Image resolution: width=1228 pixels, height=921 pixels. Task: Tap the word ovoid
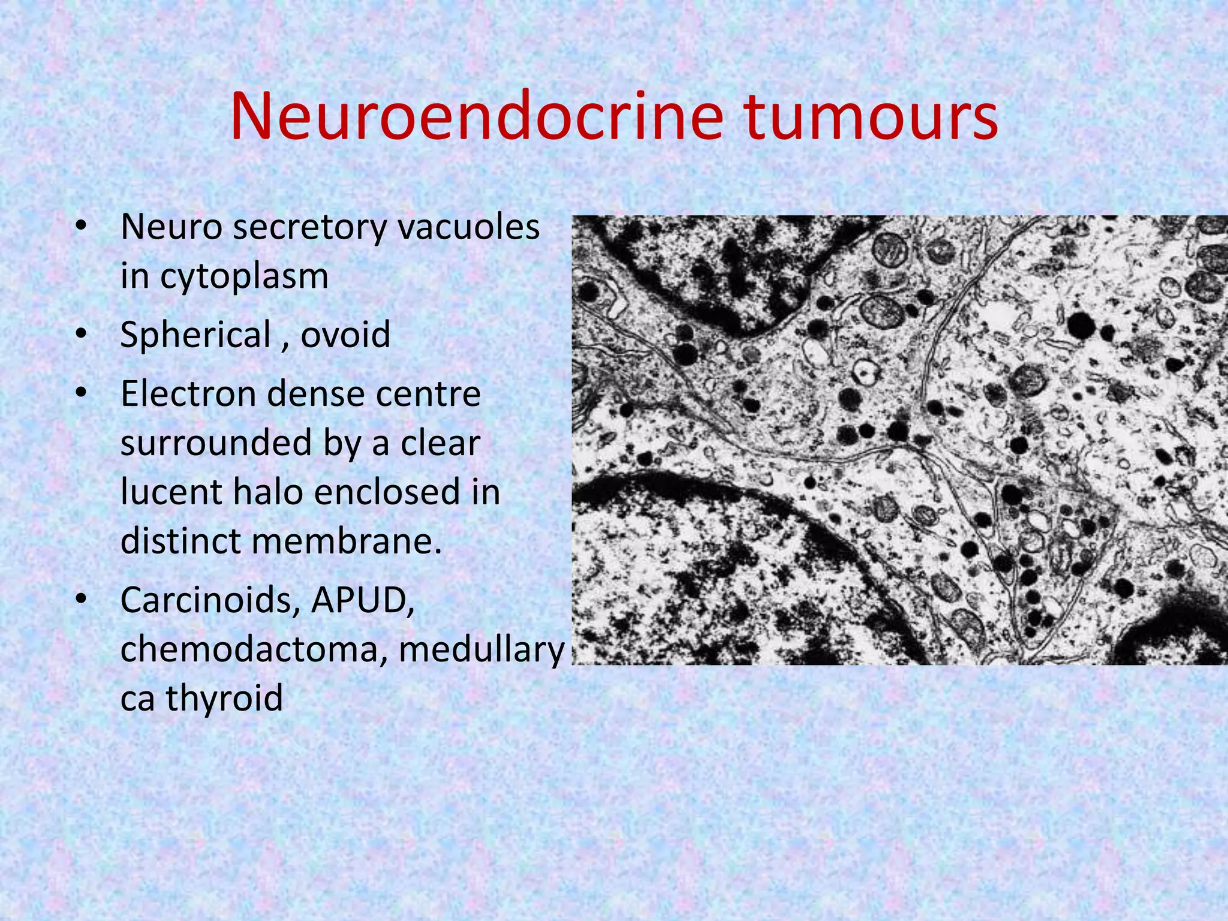(345, 335)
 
